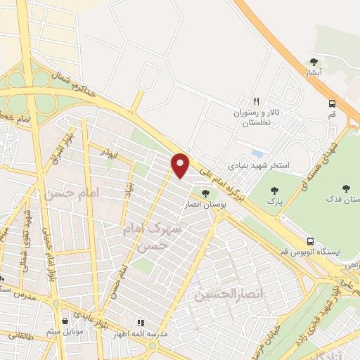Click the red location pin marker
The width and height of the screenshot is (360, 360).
[x=181, y=165]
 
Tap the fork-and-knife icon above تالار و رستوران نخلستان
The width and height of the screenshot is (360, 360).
[x=257, y=101]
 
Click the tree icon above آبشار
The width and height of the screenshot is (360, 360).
[x=314, y=62]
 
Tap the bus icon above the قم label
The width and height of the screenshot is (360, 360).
[x=332, y=103]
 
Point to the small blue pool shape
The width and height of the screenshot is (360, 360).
[x=257, y=153]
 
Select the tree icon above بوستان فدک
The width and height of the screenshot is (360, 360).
[x=345, y=188]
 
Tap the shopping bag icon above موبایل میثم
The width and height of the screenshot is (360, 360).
[x=65, y=320]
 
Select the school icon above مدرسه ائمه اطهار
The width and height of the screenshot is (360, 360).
[x=141, y=322]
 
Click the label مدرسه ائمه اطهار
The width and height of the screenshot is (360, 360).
[x=141, y=334]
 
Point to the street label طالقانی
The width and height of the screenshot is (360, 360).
[x=22, y=336]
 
